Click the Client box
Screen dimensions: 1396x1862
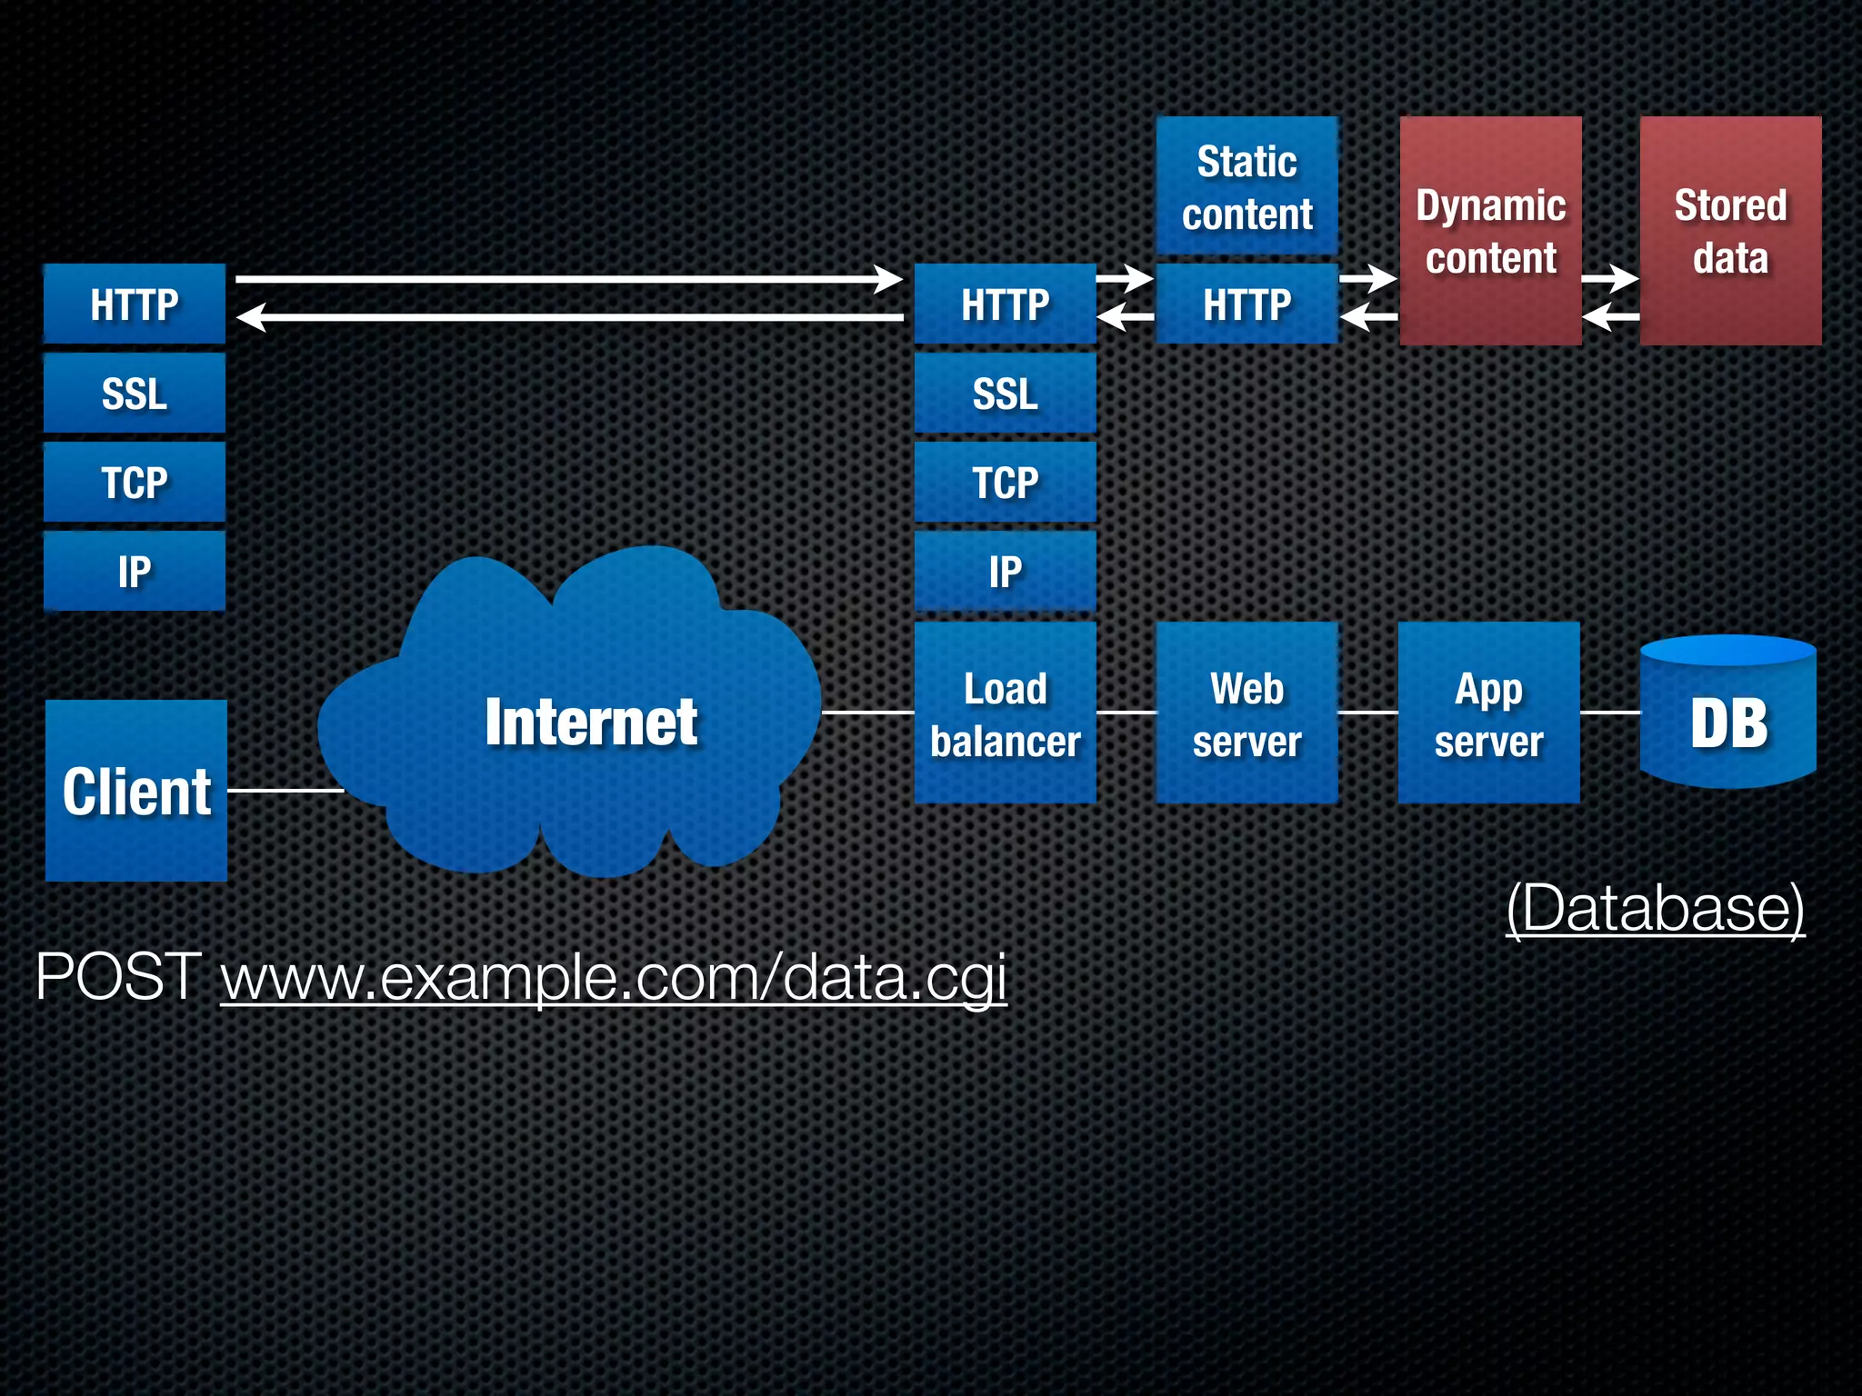pyautogui.click(x=136, y=790)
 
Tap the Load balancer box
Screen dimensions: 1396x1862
pyautogui.click(x=1005, y=713)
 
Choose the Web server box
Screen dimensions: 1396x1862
pyautogui.click(x=1246, y=713)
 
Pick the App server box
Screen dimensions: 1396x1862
pyautogui.click(x=1488, y=713)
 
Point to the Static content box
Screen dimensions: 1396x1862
pyautogui.click(x=1246, y=185)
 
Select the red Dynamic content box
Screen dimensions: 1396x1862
pyautogui.click(x=1490, y=231)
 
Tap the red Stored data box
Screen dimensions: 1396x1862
pyautogui.click(x=1730, y=231)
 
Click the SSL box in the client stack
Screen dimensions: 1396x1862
pyautogui.click(x=135, y=393)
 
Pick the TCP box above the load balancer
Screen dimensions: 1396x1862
pyautogui.click(x=1005, y=482)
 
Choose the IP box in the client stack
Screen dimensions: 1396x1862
pyautogui.click(x=135, y=571)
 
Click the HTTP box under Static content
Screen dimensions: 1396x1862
pyautogui.click(x=1246, y=304)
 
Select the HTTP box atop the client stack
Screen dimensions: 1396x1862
pyautogui.click(x=135, y=304)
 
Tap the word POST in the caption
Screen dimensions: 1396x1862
pyautogui.click(x=118, y=977)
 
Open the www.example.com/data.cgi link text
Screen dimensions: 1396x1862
pyautogui.click(x=614, y=977)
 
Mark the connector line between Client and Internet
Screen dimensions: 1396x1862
pyautogui.click(x=284, y=791)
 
